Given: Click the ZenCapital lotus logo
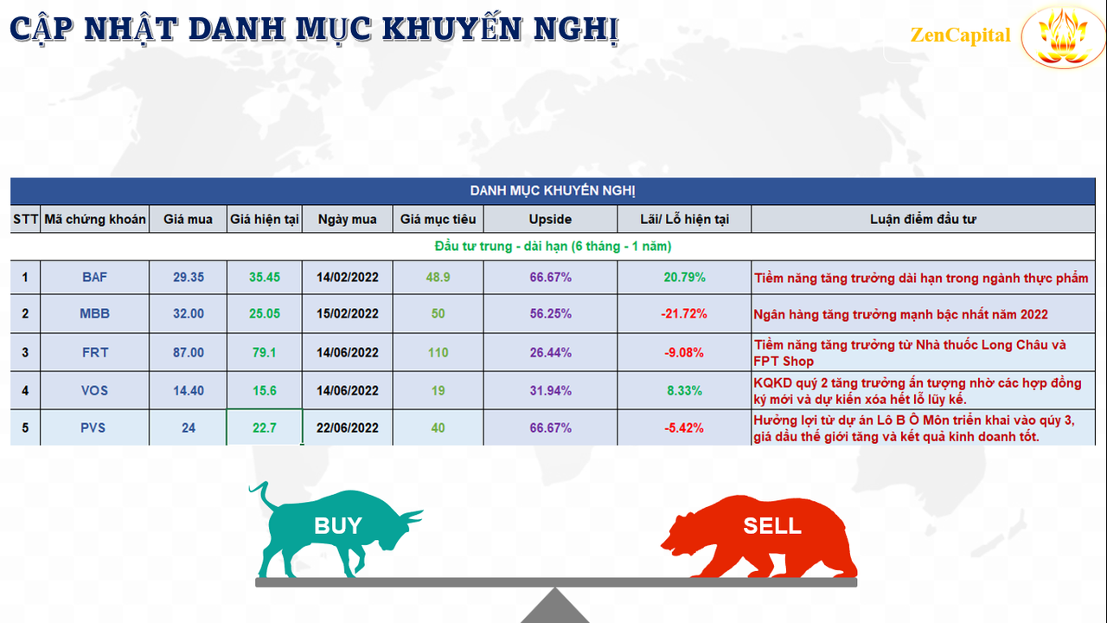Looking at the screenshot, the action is [x=1064, y=36].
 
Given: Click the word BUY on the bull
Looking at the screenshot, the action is [x=338, y=525].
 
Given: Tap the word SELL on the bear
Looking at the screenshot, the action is [x=772, y=525].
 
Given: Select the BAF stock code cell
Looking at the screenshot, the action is [x=94, y=278].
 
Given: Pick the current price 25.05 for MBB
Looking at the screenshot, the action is [x=265, y=313].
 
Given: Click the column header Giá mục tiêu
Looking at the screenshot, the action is [x=438, y=219].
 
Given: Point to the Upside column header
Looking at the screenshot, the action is [x=550, y=219].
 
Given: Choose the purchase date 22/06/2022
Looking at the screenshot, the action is [x=348, y=427].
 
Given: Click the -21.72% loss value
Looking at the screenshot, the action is [x=684, y=313].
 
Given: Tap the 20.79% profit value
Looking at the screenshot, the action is [x=684, y=278].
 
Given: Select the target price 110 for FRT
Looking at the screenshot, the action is [x=438, y=352].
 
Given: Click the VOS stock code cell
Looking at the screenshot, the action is [x=94, y=390].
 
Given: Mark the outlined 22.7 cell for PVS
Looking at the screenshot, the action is [x=265, y=427].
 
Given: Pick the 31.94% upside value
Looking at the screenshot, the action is [x=551, y=390].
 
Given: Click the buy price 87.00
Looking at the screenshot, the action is [x=189, y=352].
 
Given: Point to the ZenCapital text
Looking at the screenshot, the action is [x=960, y=35].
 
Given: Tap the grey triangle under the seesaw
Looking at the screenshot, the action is [x=555, y=607].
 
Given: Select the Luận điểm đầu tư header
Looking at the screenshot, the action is [x=923, y=219].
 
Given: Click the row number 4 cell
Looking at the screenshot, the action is [x=25, y=390].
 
